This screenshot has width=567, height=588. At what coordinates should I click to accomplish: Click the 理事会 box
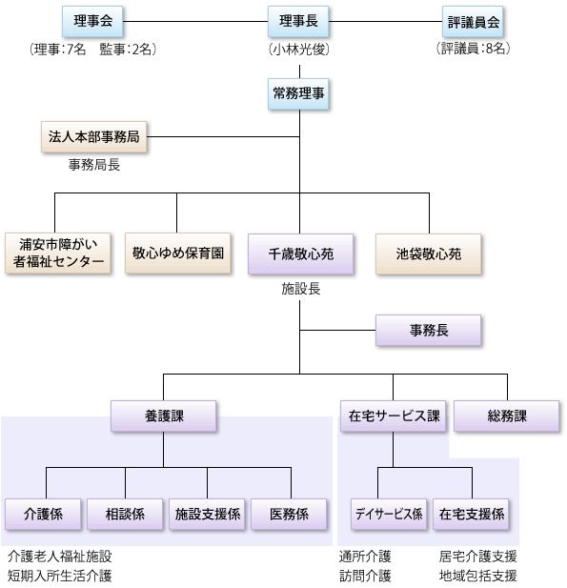tap(92, 21)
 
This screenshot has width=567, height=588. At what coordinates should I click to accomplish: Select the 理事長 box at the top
tap(298, 21)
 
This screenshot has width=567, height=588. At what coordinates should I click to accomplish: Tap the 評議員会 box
tap(473, 21)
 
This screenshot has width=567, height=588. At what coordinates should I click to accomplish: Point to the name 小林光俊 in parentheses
tap(299, 50)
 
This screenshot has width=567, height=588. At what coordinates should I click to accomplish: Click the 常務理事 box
tap(298, 93)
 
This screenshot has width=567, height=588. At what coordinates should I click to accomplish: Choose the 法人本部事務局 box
tap(93, 137)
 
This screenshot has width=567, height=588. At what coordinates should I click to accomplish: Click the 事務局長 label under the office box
tap(94, 165)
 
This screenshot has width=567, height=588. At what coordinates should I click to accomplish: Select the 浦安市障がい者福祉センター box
tap(58, 253)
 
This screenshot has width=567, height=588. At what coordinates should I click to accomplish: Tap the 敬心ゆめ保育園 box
tap(178, 253)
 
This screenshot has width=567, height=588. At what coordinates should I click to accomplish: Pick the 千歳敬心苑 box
tap(301, 254)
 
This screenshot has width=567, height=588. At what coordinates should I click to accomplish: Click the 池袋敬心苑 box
tap(429, 254)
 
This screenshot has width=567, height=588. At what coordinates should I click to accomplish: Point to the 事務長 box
tap(429, 331)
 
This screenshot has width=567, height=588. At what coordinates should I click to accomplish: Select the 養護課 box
tap(164, 416)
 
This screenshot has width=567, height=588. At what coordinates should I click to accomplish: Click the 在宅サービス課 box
tap(393, 416)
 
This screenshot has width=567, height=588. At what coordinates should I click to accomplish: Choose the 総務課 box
tap(507, 416)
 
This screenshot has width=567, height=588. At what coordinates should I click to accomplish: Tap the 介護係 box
tap(43, 514)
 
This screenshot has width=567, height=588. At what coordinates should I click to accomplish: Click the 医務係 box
tap(289, 514)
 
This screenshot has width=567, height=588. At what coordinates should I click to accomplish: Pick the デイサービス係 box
tap(389, 514)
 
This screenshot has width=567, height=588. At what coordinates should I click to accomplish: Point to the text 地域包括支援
tap(477, 576)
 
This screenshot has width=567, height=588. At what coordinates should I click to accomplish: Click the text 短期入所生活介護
tap(60, 576)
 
